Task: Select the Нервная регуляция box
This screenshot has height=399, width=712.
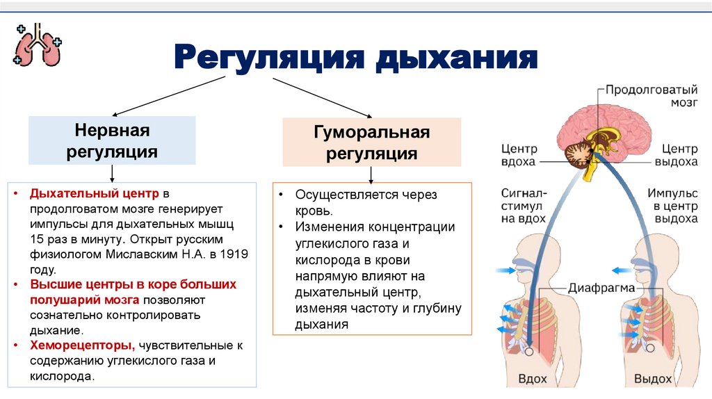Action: click(112, 141)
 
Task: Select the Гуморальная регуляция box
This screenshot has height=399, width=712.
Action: click(371, 142)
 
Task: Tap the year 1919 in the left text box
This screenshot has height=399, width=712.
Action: click(234, 254)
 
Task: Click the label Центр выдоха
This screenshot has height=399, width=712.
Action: click(679, 155)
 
